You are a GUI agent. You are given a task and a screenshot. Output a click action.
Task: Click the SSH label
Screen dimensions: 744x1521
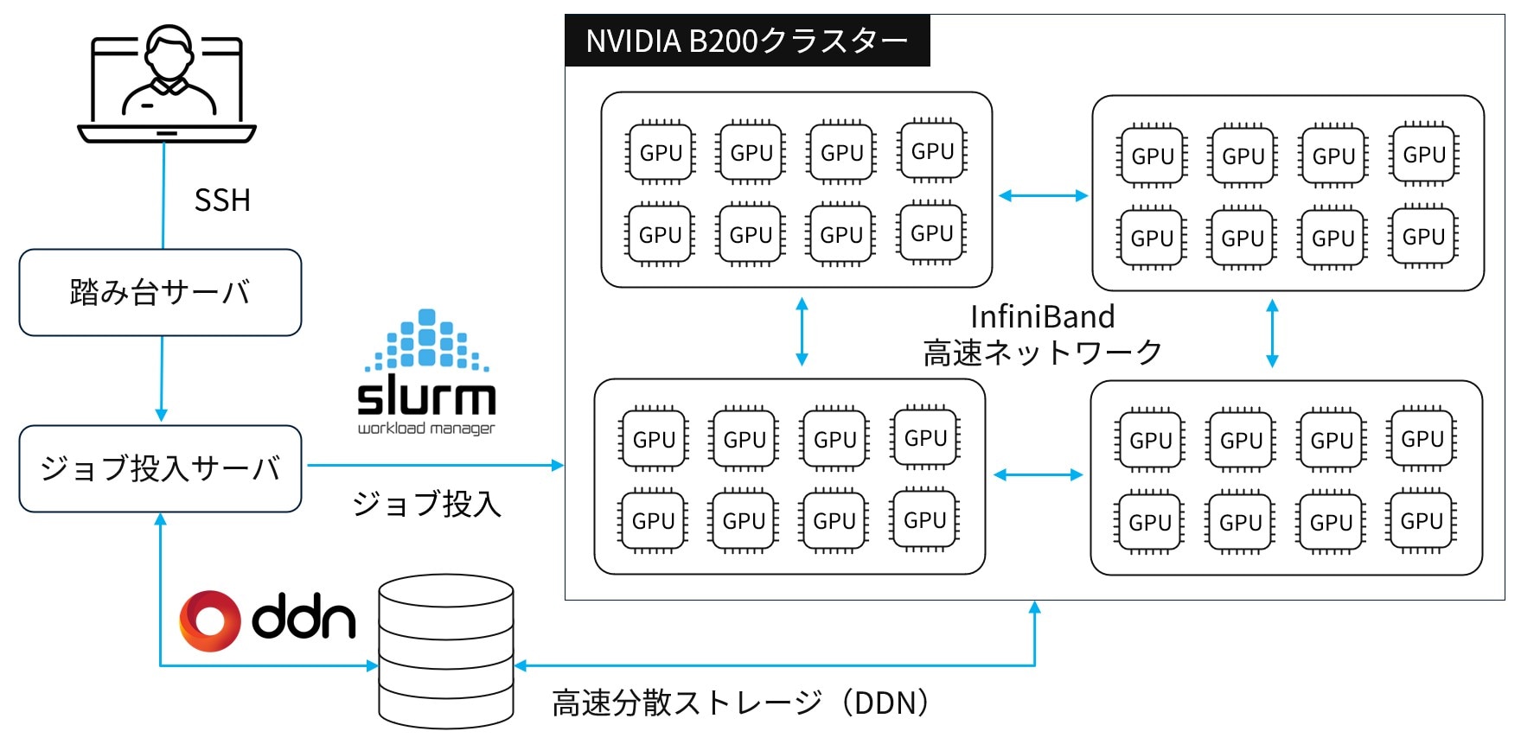222,200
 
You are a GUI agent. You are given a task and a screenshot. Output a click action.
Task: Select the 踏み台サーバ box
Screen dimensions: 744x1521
160,293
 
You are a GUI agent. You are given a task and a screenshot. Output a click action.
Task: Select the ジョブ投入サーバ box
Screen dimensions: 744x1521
160,468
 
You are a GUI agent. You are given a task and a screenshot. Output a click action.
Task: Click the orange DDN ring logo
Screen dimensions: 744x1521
209,620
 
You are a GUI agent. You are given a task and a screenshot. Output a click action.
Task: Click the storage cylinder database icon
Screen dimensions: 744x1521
446,652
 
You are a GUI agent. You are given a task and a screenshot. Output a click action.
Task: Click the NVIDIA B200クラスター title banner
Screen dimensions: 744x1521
747,41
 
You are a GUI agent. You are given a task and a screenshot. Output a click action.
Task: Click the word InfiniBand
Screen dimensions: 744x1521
1042,317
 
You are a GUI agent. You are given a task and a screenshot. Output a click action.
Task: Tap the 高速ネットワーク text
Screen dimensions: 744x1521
1042,353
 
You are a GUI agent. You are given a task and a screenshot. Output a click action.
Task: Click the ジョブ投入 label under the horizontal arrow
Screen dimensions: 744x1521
426,504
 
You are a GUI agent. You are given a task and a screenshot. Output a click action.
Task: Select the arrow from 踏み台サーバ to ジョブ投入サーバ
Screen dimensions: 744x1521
162,378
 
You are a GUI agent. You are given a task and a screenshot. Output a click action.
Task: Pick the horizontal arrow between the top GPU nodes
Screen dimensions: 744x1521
1043,195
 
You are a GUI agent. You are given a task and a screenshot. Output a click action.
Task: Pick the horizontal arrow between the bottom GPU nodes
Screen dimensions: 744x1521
1038,474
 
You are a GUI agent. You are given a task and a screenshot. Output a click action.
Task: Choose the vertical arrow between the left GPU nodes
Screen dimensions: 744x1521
802,332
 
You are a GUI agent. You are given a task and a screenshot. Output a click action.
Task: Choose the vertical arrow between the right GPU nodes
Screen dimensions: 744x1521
1272,334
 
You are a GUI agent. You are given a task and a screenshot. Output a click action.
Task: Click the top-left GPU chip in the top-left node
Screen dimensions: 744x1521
661,153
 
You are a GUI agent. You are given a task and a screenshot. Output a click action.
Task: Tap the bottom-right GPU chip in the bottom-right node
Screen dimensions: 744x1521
1422,521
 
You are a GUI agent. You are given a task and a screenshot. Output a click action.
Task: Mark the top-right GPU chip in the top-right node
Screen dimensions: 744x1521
1424,155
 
